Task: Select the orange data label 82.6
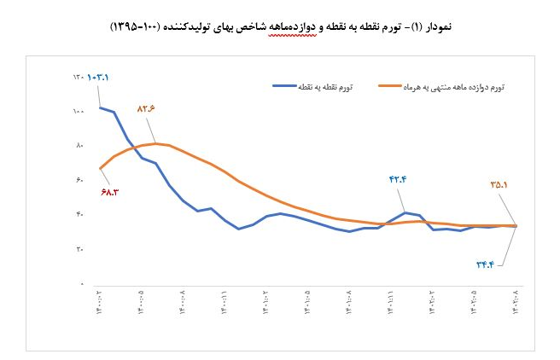(148, 109)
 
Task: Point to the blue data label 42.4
(399, 179)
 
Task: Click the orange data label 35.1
(500, 183)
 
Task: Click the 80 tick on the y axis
(79, 146)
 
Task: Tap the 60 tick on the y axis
(79, 180)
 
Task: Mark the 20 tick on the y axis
(79, 248)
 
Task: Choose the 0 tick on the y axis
(80, 282)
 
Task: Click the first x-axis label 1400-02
(99, 304)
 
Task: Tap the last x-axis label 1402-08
(516, 304)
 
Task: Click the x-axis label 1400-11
(224, 304)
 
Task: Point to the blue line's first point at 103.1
(100, 107)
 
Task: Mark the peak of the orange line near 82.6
(155, 143)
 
